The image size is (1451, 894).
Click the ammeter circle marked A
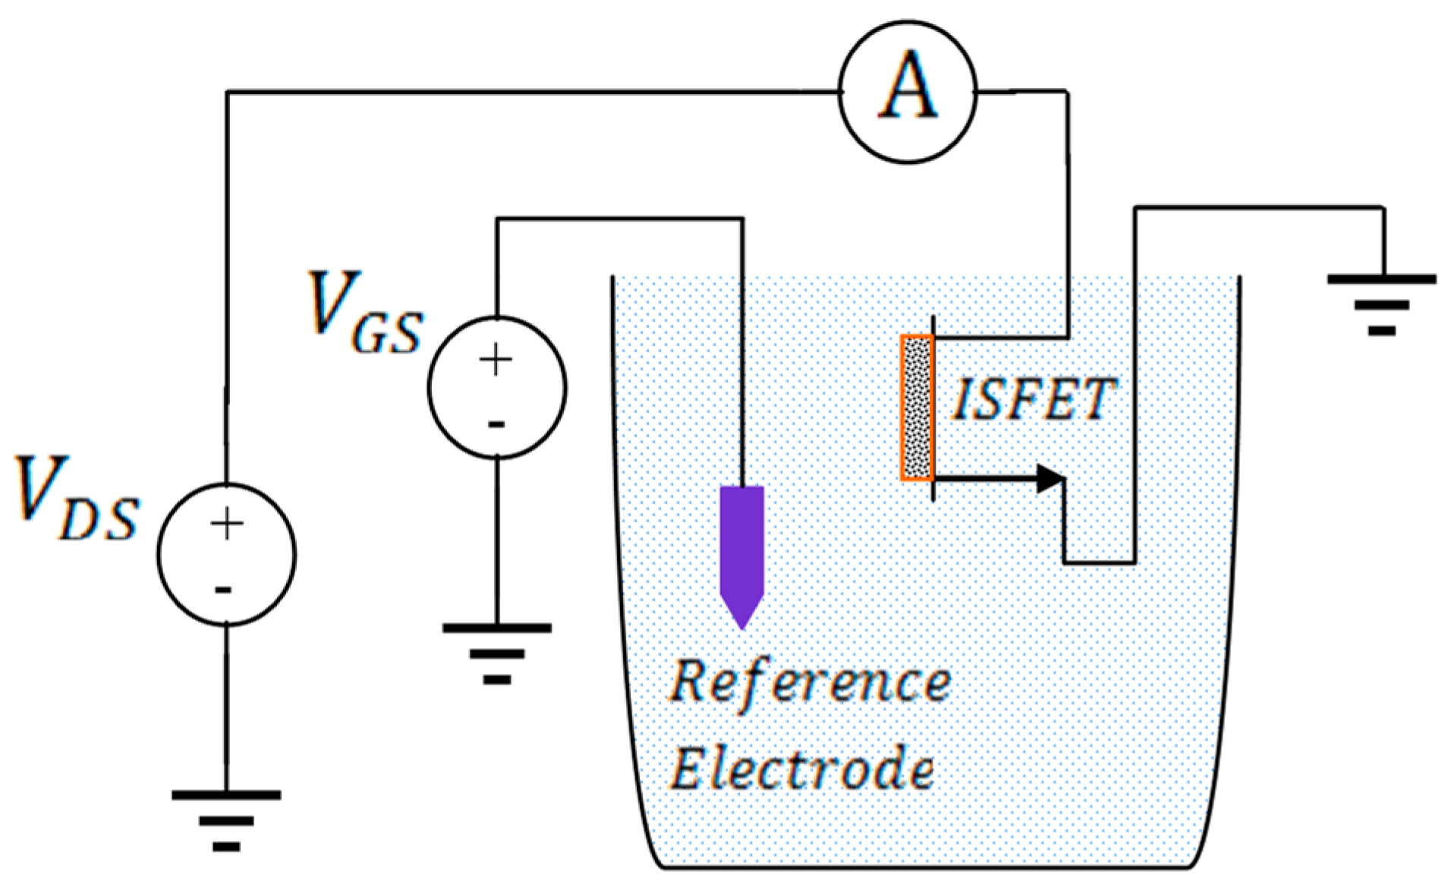[x=907, y=92]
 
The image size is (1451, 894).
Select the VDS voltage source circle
[x=226, y=554]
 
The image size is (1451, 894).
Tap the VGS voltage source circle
[x=496, y=388]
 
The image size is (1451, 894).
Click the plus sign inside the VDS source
[x=226, y=524]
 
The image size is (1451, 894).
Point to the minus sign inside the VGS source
[x=496, y=424]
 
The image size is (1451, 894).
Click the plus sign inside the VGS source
[x=496, y=359]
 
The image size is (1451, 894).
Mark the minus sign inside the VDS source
[x=223, y=590]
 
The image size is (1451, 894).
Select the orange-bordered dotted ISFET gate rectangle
[x=917, y=408]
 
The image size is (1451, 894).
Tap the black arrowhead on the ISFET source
[x=1051, y=478]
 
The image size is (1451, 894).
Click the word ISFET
[x=1033, y=399]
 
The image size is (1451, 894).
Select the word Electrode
[x=801, y=768]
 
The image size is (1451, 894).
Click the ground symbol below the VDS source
[x=226, y=820]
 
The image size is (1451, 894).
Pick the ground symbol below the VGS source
[x=496, y=653]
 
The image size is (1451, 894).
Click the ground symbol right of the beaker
[x=1381, y=304]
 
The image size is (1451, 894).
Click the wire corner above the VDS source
[x=227, y=93]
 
